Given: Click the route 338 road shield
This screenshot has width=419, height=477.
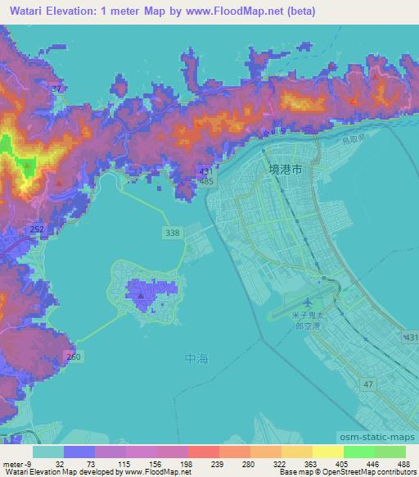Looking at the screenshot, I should pos(172,234).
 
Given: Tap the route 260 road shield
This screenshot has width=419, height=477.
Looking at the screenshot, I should pos(74,357).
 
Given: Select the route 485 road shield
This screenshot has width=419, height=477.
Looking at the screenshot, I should pos(206,179).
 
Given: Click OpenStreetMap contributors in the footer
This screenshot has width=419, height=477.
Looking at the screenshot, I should pos(363,472).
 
